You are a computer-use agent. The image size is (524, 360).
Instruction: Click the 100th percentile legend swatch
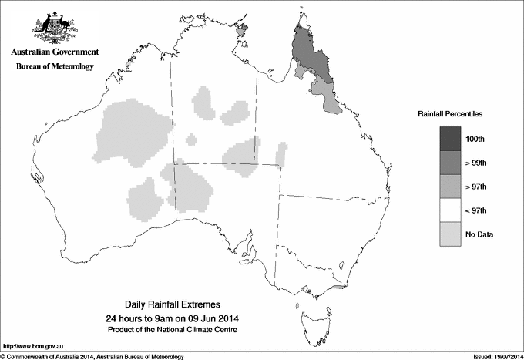pos(451,138)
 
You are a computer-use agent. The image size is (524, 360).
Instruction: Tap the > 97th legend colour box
pos(451,186)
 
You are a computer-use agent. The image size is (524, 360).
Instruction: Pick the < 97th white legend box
pos(451,210)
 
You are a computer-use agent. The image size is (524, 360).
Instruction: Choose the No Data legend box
pos(451,234)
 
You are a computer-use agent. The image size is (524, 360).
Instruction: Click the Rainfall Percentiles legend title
pos(451,113)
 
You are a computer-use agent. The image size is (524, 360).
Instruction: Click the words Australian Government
pos(55,52)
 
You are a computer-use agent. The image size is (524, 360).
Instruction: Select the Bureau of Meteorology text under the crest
pos(55,66)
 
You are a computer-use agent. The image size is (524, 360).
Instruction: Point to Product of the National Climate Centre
pos(173,329)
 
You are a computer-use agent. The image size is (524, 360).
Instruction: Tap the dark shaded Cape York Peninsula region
pos(313,54)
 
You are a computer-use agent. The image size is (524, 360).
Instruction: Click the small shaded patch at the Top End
pos(244,30)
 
